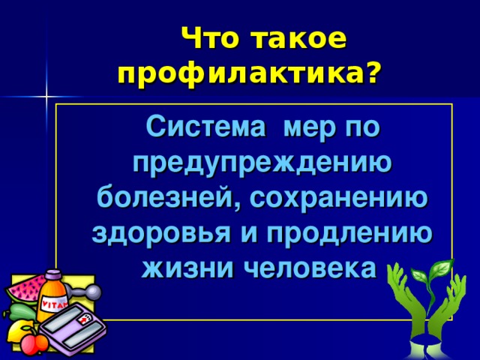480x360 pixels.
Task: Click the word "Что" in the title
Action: pos(214,39)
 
